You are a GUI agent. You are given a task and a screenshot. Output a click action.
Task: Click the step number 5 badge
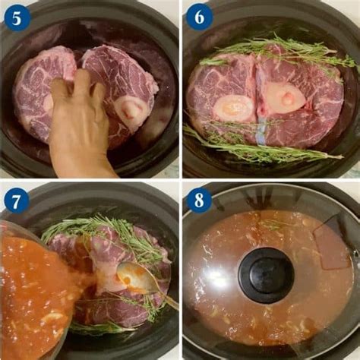point(17,18)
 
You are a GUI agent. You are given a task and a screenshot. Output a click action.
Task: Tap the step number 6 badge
point(199,17)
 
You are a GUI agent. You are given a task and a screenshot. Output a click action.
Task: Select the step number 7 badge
point(16,201)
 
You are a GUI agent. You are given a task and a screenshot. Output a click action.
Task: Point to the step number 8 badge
point(199,200)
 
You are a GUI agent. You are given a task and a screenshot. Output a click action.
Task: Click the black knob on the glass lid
point(267,275)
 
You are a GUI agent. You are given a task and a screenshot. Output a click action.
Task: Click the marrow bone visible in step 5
point(131,109)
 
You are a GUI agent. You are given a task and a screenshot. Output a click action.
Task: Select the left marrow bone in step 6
point(235,106)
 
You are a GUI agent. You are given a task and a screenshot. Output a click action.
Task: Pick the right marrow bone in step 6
point(285,96)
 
